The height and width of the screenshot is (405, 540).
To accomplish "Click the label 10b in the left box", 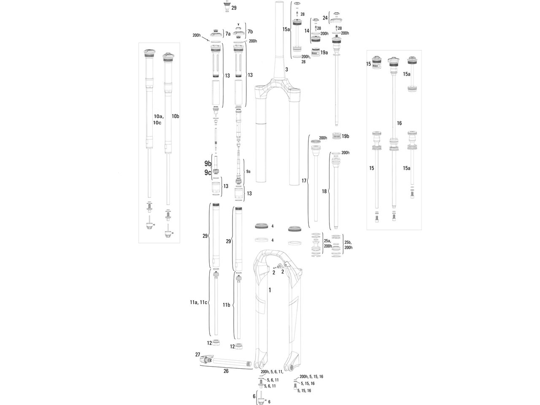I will tap(175, 116).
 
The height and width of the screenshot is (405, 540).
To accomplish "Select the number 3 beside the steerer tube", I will tap(286, 69).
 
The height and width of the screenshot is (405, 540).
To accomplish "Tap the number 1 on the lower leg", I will tap(270, 290).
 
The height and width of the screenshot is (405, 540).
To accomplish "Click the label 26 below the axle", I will tap(226, 371).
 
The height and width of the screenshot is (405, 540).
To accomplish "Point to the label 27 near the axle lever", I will tap(197, 355).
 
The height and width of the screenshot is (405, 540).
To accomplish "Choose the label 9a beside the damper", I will tap(248, 172).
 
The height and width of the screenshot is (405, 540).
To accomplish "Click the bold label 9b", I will tap(208, 164).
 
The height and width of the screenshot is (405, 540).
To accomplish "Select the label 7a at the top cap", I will tap(228, 33).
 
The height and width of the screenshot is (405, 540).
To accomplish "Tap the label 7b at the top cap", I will tap(250, 32).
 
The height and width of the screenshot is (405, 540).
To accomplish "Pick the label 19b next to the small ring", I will tap(346, 136).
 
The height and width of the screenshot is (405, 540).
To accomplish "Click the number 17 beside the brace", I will tap(304, 181).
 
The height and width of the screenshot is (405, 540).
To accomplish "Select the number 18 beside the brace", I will tap(324, 191).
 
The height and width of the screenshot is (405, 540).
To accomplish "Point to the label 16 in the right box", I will tap(399, 123).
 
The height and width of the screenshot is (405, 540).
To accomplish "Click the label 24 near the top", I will tap(325, 18).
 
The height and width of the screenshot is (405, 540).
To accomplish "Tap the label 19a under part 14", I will tap(324, 53).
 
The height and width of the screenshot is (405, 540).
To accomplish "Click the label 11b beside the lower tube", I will tap(226, 305).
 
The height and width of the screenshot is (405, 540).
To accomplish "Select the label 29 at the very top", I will tap(234, 8).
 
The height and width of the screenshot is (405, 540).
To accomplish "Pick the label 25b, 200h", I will tap(348, 245).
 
